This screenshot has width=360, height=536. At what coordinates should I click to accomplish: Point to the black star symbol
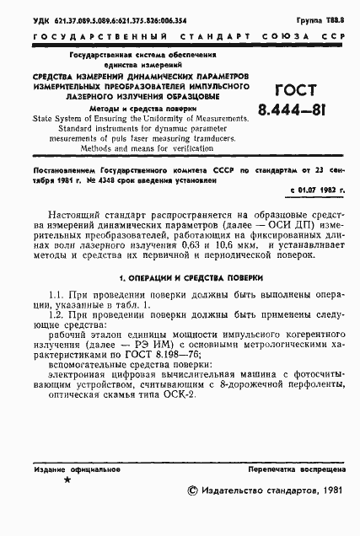[67, 479]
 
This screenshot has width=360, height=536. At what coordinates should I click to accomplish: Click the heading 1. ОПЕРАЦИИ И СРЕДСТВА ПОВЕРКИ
[180, 277]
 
